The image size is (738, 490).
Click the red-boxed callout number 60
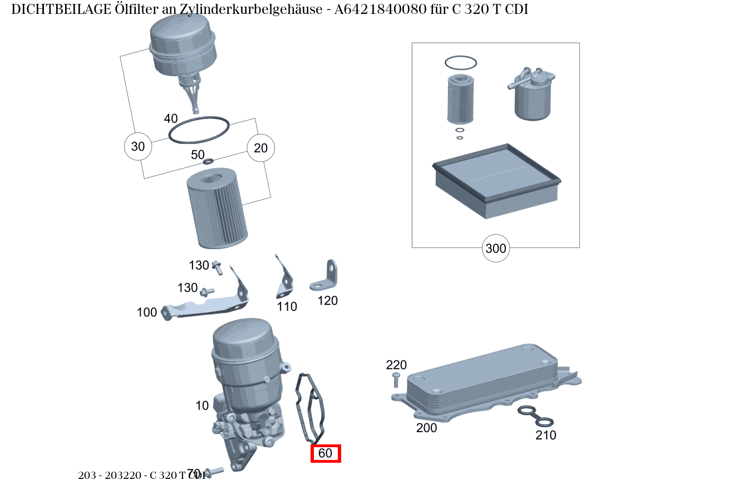pyautogui.click(x=326, y=453)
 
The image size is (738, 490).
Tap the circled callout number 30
pyautogui.click(x=137, y=146)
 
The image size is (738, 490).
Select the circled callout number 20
pyautogui.click(x=260, y=148)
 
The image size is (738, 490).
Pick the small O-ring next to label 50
pyautogui.click(x=208, y=162)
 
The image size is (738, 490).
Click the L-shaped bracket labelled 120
pyautogui.click(x=326, y=278)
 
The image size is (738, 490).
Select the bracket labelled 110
pyautogui.click(x=284, y=281)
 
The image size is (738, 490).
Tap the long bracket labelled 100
pyautogui.click(x=206, y=306)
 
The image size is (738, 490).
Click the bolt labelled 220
pyautogui.click(x=396, y=380)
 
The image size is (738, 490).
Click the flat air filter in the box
pyautogui.click(x=495, y=181)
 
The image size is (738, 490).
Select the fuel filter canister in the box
pyautogui.click(x=532, y=97)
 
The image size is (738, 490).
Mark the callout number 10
pyautogui.click(x=202, y=405)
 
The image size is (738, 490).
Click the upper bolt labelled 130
pyautogui.click(x=217, y=269)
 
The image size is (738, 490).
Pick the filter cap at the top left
pyautogui.click(x=183, y=47)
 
